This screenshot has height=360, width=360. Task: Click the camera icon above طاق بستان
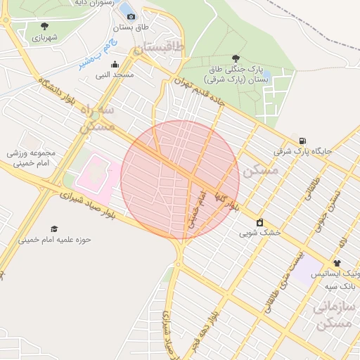click(131, 16)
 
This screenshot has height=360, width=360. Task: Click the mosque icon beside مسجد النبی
click(115, 65)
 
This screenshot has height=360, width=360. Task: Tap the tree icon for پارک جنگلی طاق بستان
click(235, 59)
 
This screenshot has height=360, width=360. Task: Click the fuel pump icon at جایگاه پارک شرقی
click(302, 141)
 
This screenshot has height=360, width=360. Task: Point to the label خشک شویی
click(259, 231)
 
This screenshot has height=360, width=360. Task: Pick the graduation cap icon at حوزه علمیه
click(54, 229)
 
